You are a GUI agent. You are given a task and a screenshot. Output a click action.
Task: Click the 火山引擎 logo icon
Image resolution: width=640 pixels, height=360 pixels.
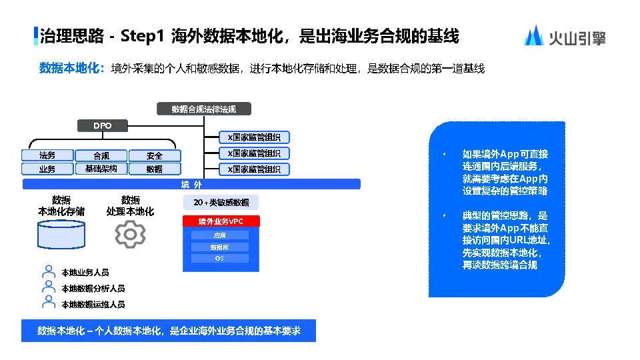533,35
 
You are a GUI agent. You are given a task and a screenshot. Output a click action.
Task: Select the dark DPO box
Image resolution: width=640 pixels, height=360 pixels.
102,125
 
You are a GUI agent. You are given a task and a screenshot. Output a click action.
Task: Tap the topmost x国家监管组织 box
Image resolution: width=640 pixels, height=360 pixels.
254,137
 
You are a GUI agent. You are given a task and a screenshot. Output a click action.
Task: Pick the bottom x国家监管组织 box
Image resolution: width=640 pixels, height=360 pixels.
254,169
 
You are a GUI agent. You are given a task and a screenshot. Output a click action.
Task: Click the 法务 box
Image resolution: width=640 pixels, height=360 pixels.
47,155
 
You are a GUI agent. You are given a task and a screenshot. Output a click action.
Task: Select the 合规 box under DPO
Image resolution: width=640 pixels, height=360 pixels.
101,155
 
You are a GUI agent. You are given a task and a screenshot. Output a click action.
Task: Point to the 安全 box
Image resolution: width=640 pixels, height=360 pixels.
155,155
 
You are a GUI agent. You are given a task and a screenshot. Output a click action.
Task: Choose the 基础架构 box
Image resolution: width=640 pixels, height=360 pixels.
101,169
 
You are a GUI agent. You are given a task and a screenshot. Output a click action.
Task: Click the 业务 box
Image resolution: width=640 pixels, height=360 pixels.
47,169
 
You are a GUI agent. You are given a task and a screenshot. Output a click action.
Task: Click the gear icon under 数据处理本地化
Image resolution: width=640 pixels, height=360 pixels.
130,234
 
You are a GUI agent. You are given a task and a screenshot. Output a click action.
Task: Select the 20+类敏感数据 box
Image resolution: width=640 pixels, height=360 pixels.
221,203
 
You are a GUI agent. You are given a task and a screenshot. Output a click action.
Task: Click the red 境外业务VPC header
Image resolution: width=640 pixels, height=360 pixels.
221,221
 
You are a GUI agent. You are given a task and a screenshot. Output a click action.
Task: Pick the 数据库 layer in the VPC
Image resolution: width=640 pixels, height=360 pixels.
219,247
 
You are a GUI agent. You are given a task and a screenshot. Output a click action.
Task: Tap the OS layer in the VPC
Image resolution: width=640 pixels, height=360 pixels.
219,258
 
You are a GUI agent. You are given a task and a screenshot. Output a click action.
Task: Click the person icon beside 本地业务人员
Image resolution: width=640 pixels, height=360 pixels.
48,272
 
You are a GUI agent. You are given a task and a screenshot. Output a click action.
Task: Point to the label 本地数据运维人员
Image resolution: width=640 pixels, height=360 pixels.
93,304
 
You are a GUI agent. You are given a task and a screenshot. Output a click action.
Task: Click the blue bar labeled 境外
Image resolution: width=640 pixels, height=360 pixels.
191,184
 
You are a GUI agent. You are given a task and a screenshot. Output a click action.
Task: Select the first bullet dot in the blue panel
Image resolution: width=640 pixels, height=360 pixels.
445,154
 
